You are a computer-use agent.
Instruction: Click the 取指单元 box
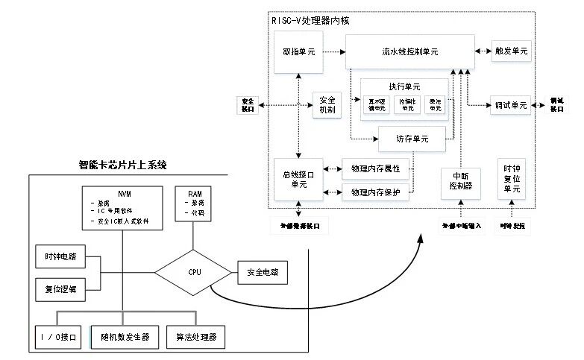point(298,52)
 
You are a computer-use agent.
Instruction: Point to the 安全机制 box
point(327,104)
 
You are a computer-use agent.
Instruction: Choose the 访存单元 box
point(412,138)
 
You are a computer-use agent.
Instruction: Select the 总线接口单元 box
point(298,179)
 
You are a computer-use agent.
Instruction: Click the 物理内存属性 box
point(375,168)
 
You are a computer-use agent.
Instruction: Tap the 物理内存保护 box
point(375,193)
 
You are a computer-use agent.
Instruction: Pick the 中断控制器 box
point(456,180)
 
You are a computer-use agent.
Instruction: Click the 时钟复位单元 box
point(512,179)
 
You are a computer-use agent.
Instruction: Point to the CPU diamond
point(195,273)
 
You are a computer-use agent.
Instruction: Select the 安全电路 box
point(262,273)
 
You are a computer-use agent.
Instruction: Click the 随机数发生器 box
point(124,337)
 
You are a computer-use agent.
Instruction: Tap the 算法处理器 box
point(195,337)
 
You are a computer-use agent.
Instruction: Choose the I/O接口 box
point(60,337)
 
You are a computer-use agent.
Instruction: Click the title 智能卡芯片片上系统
point(123,165)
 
